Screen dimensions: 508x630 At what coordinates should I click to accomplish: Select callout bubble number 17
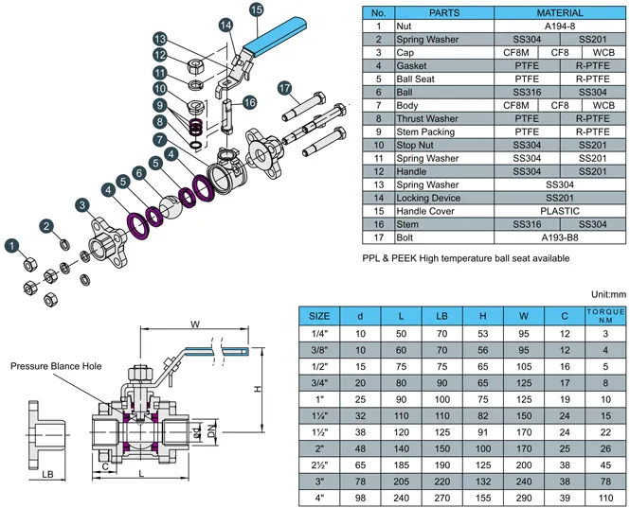pos(283,88)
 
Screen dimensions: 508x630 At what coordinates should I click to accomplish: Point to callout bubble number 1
pos(12,246)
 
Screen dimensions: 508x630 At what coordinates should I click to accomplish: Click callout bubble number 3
pos(84,205)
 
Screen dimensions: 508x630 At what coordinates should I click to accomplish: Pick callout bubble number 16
pos(250,102)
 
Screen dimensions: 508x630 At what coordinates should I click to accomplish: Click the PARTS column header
pos(444,13)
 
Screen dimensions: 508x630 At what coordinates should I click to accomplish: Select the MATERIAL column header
pos(560,13)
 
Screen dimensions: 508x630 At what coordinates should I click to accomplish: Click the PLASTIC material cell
pos(560,211)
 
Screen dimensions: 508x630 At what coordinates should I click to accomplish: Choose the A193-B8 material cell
pos(560,237)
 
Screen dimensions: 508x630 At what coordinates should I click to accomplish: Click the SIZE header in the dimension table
pos(320,315)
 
